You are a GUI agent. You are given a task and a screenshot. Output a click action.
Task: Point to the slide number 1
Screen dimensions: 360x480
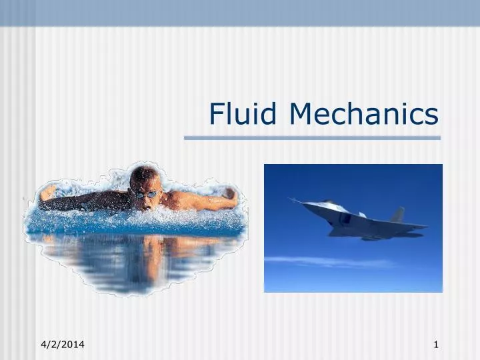coord(436,344)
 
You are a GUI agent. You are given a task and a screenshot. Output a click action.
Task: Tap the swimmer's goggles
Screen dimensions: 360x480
coord(146,194)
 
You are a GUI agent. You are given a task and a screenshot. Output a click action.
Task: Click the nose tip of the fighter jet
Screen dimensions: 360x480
coord(291,199)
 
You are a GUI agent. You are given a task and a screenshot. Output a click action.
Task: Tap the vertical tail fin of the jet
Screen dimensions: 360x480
coord(398,215)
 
